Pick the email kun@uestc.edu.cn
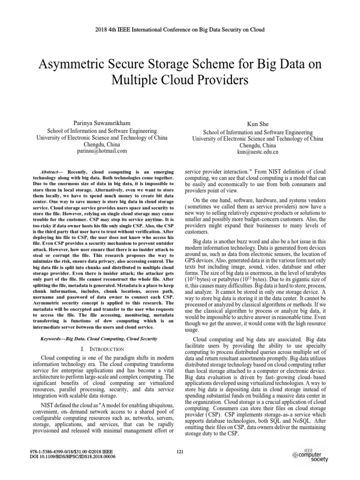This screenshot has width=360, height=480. [257, 152]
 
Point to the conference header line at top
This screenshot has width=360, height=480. [180, 30]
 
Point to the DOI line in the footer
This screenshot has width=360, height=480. [72, 456]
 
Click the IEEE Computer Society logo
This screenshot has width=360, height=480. [310, 454]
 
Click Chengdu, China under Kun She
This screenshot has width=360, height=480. [257, 145]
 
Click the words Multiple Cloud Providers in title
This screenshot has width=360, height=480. [180, 80]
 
